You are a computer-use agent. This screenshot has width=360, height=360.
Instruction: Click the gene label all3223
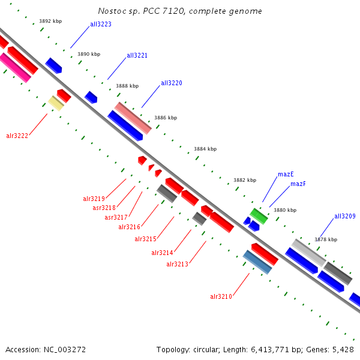[100, 25]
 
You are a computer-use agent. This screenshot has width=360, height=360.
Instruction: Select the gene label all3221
[137, 55]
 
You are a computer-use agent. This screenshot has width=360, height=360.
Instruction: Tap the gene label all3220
[171, 83]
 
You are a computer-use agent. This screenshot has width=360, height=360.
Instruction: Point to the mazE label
[286, 175]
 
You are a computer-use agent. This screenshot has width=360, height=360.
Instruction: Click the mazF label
[298, 184]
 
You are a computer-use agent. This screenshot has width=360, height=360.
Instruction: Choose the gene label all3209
[344, 216]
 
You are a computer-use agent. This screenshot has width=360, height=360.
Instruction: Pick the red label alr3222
[17, 136]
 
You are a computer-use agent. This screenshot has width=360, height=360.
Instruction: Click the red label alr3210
[221, 296]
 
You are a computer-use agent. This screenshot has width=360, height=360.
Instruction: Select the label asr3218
[104, 208]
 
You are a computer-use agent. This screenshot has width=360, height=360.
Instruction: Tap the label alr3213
[177, 264]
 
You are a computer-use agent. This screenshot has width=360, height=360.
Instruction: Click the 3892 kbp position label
[50, 21]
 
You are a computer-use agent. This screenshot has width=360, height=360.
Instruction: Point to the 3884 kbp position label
[205, 149]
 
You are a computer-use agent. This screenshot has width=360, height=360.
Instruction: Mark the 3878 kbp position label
[325, 239]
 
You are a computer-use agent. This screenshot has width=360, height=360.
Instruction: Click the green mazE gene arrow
[259, 215]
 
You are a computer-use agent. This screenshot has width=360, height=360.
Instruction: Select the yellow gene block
[56, 103]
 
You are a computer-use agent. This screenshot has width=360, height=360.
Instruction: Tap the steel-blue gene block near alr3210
[257, 262]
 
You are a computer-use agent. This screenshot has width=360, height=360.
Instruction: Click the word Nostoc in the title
[112, 11]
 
